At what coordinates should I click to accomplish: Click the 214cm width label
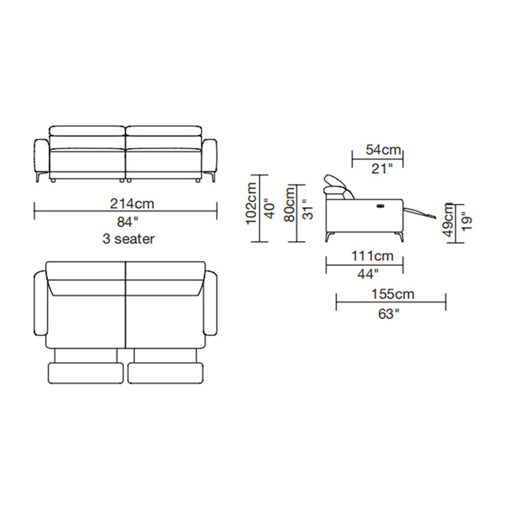coord(132,204)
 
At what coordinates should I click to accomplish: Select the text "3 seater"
coord(128,239)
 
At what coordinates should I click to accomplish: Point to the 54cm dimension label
coord(383,150)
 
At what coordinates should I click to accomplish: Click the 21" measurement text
coord(382,169)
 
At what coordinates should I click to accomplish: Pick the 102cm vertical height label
coord(251,204)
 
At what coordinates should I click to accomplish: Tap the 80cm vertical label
coord(289,205)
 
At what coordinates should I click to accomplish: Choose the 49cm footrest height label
coord(448,220)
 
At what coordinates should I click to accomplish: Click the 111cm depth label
coord(372,256)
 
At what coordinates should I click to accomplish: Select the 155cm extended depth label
coord(392,294)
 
